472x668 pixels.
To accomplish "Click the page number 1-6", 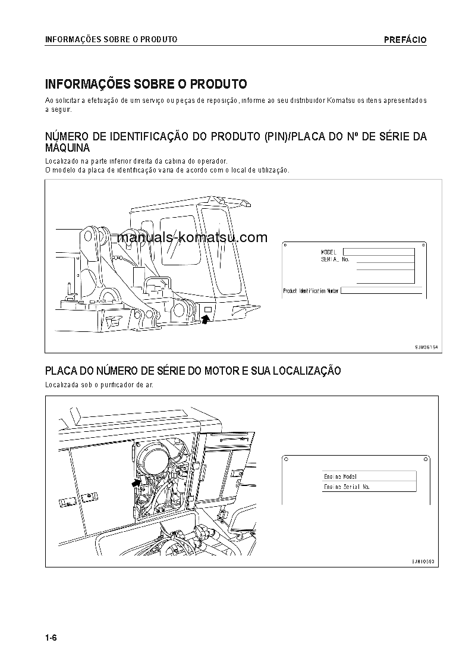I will [51, 638].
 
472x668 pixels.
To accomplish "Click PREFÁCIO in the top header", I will [405, 40].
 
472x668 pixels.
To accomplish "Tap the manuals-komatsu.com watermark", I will [192, 238].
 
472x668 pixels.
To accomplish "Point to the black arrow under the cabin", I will [206, 319].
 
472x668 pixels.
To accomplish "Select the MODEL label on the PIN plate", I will [328, 252].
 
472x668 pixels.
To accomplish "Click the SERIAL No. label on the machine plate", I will [334, 260].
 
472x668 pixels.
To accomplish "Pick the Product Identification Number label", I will [311, 291].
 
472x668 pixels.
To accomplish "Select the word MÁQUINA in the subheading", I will [68, 148].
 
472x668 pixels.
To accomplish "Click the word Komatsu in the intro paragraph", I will [338, 101].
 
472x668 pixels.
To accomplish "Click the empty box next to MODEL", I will [379, 252].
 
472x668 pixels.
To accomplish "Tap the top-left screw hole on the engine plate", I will [287, 459].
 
